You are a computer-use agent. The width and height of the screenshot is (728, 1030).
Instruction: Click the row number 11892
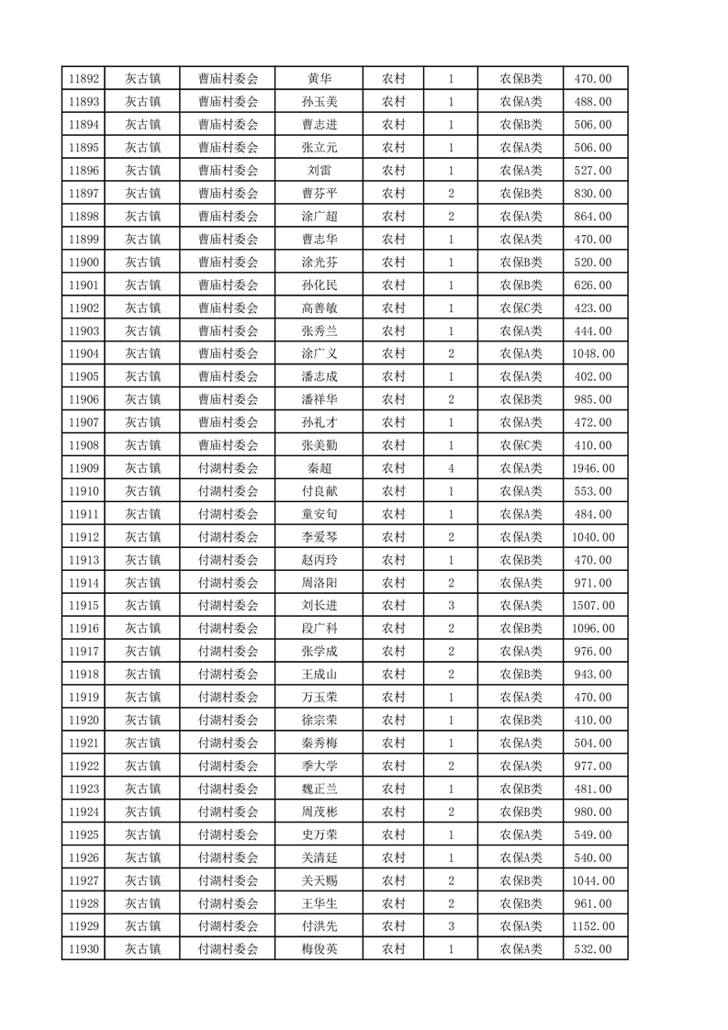pos(84,79)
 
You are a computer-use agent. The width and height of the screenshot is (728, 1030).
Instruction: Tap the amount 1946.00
pos(592,468)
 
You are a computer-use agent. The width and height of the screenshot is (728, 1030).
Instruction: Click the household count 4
pos(451,468)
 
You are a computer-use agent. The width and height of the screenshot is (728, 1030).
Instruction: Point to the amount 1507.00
pos(592,606)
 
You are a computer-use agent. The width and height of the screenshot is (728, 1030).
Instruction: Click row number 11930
pos(84,949)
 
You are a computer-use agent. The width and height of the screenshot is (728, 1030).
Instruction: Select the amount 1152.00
pos(592,926)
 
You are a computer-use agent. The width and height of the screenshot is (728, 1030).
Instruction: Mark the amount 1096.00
pos(592,629)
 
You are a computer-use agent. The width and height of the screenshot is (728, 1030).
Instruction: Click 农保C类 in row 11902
pos(521,308)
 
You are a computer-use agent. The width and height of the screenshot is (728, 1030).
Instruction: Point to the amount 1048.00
pos(592,353)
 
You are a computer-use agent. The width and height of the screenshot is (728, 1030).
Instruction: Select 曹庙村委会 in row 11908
pos(229,445)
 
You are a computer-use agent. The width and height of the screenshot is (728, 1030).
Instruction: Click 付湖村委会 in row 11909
pos(229,468)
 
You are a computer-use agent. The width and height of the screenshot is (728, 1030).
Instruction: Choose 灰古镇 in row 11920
pos(143,720)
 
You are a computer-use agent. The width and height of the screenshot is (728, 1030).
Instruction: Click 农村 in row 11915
pos(394,606)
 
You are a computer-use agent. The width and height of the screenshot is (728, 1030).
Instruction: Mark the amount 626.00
pos(592,285)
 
